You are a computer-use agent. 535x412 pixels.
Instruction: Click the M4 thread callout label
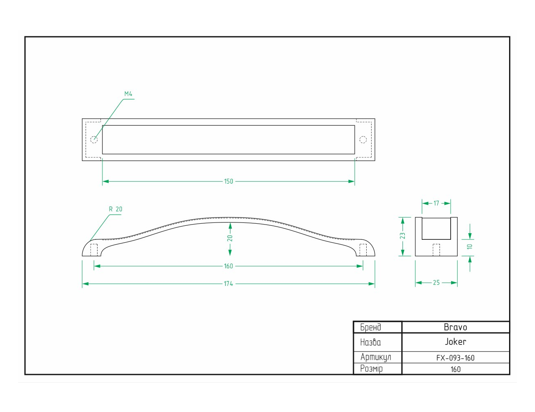click(128, 94)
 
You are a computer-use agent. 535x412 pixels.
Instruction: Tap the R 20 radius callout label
click(116, 209)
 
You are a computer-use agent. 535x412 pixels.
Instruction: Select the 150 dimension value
click(228, 181)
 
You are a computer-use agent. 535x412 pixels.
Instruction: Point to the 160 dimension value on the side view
click(228, 266)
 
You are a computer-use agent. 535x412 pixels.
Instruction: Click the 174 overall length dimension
click(228, 284)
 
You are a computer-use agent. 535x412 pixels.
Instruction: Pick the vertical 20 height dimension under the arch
click(230, 238)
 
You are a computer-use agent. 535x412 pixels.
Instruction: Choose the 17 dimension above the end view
click(436, 203)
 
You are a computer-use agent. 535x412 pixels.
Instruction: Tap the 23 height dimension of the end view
click(402, 236)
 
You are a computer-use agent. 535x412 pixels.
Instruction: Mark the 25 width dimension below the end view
click(436, 283)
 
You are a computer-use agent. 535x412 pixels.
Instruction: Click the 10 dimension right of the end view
click(470, 246)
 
